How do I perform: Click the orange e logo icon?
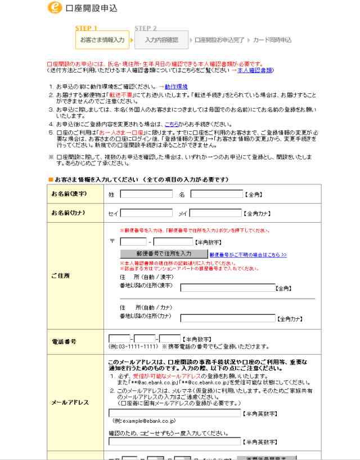[55, 8]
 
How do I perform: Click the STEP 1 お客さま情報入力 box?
[102, 40]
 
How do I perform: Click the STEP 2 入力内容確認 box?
[161, 40]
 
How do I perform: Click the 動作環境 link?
[176, 86]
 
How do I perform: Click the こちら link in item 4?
[172, 124]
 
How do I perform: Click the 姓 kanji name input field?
[146, 195]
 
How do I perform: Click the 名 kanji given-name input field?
[217, 195]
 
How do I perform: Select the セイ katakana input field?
[146, 213]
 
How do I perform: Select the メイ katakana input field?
[215, 213]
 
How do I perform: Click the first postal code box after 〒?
[133, 242]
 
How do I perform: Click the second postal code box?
[173, 242]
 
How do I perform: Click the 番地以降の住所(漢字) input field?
[227, 288]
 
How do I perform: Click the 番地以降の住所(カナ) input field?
[227, 318]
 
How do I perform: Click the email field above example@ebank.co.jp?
[174, 413]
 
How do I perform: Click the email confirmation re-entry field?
[174, 441]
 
